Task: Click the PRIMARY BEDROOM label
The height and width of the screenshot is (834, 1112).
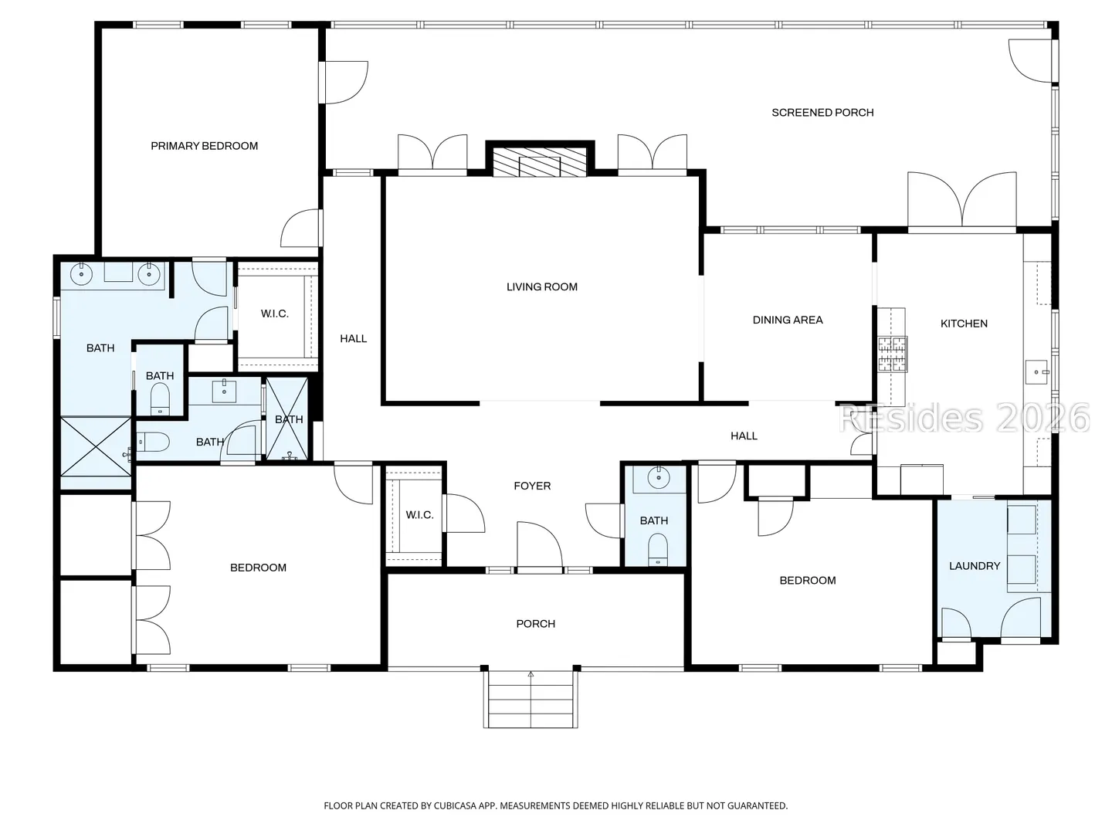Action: click(204, 147)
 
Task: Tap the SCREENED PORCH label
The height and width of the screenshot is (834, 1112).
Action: click(822, 113)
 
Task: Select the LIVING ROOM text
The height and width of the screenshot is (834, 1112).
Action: click(542, 287)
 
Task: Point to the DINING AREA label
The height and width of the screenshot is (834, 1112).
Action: click(788, 320)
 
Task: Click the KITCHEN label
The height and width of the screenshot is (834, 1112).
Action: click(964, 324)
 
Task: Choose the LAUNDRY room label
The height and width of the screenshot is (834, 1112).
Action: click(975, 566)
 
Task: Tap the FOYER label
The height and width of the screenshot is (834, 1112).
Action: click(532, 486)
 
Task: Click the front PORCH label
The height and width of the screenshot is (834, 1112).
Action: click(535, 624)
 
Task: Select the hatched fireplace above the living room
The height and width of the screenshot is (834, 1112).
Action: click(540, 162)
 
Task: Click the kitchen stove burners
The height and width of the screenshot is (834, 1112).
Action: click(893, 354)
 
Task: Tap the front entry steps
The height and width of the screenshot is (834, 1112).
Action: click(531, 700)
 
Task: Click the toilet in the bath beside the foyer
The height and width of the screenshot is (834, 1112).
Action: click(658, 551)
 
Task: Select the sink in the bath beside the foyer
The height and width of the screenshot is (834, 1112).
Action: click(659, 477)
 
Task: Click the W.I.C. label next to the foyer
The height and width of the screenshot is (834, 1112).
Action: click(419, 516)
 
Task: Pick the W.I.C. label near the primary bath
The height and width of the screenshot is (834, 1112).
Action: click(275, 314)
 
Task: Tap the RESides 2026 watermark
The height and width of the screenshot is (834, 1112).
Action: click(964, 419)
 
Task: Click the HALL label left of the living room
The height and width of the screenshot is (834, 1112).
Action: click(353, 339)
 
